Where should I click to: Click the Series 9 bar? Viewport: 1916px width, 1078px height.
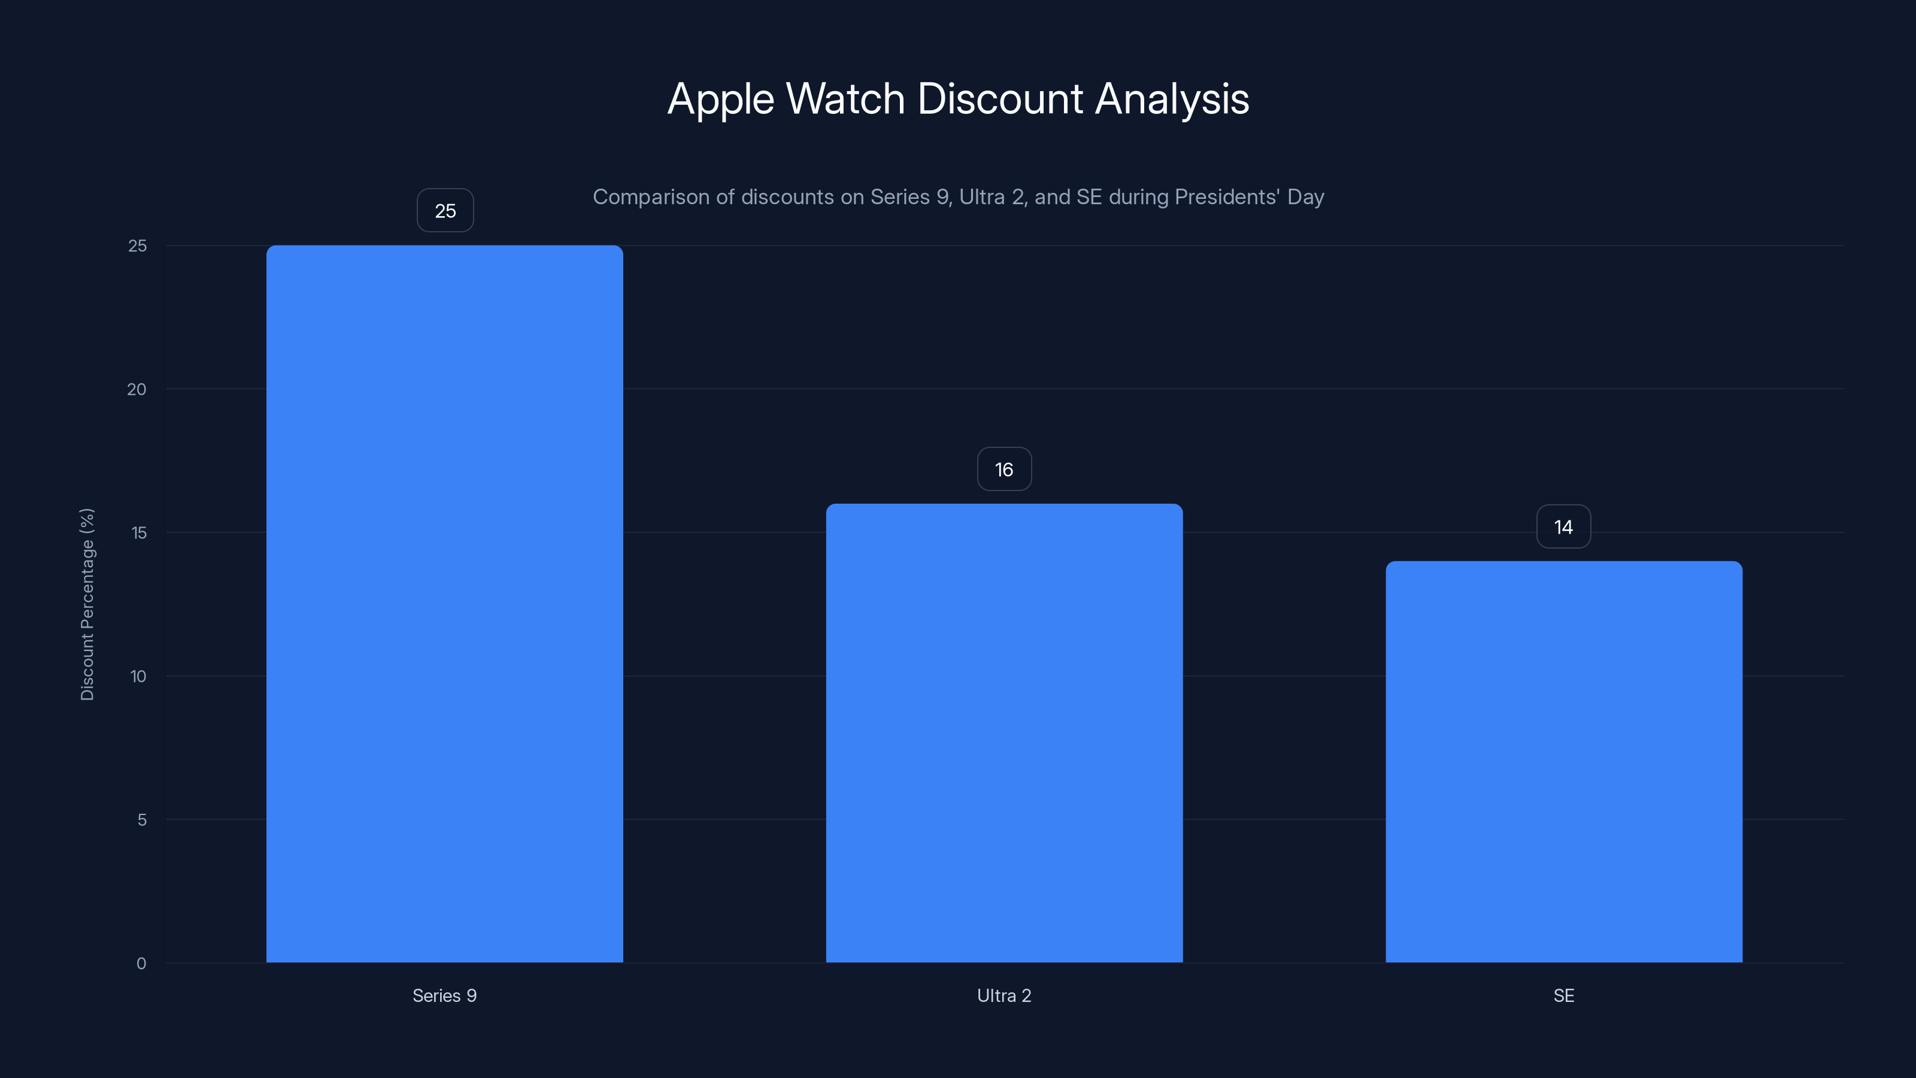coord(445,603)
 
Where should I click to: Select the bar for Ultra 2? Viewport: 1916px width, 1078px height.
coord(1004,733)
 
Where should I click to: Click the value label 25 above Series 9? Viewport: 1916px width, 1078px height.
coord(445,211)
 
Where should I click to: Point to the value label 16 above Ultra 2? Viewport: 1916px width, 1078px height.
coord(1004,470)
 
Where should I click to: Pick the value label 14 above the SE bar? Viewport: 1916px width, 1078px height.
coord(1563,527)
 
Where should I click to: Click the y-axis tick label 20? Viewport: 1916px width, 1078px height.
coord(137,389)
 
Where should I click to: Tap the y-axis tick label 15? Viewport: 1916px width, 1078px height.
coord(138,532)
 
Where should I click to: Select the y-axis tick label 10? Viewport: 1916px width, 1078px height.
coord(138,676)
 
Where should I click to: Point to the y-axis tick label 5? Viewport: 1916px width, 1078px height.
coord(141,820)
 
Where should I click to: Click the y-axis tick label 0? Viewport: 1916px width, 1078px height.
coord(141,964)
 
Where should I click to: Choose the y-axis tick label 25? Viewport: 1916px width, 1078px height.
coord(138,246)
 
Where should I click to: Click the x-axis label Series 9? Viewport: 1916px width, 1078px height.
coord(445,995)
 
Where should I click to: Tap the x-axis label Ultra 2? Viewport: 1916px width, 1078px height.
coord(1004,995)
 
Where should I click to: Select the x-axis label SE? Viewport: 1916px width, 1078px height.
coord(1563,995)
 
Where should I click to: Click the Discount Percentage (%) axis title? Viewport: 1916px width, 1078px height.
coord(87,604)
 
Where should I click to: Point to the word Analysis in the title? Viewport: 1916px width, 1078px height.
coord(1172,99)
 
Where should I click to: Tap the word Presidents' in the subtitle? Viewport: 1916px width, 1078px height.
coord(1227,196)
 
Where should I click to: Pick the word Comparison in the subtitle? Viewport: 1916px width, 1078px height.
coord(651,197)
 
